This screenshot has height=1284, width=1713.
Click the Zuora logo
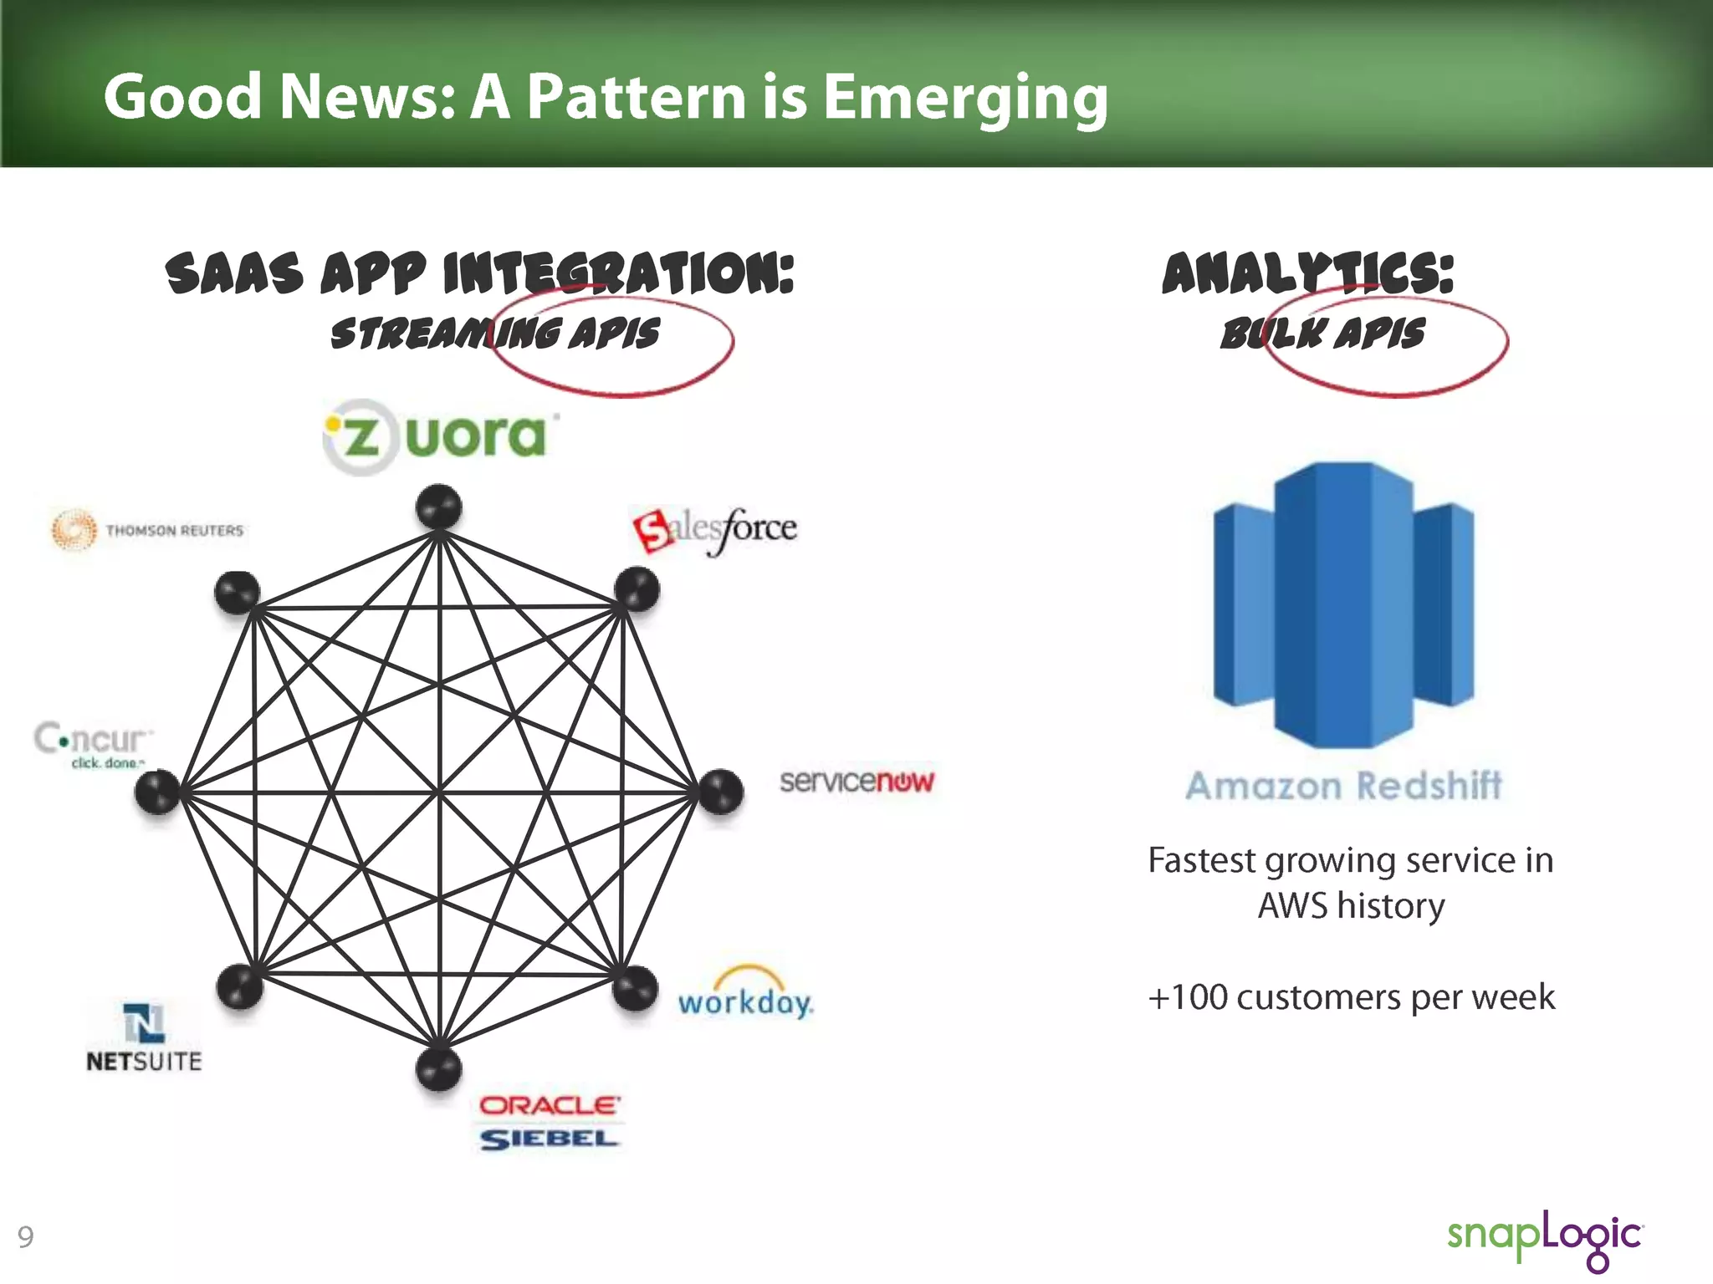[441, 436]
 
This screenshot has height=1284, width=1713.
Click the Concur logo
[93, 743]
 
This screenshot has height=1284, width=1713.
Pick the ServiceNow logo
[856, 781]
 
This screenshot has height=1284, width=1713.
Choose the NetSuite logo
[144, 1037]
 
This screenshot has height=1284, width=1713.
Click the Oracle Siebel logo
[550, 1122]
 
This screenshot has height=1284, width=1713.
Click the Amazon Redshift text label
[1343, 786]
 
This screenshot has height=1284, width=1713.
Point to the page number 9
[26, 1236]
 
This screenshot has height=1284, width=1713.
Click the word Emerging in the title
[965, 97]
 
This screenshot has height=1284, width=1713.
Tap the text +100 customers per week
[1351, 997]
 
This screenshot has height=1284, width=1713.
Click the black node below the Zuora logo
[439, 507]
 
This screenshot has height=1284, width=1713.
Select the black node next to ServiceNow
[720, 792]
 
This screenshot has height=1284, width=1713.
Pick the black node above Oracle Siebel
[439, 1069]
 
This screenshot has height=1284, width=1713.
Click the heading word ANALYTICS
[1307, 274]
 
